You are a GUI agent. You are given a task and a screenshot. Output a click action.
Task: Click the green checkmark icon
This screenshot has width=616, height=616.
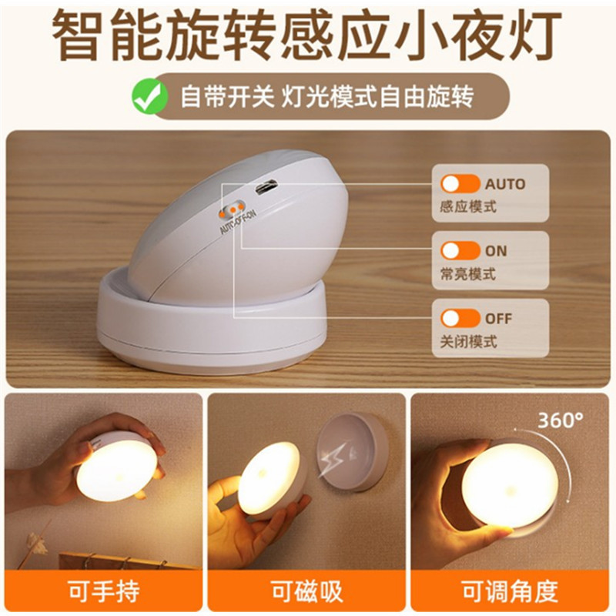click(x=149, y=96)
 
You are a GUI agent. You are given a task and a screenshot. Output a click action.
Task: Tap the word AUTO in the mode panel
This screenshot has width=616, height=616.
click(x=505, y=184)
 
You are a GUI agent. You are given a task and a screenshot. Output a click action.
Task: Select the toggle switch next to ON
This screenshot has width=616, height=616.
click(x=460, y=250)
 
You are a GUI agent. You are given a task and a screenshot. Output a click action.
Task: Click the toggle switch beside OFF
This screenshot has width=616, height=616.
click(x=460, y=318)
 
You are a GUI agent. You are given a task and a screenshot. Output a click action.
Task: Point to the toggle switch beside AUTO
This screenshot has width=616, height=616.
click(x=460, y=183)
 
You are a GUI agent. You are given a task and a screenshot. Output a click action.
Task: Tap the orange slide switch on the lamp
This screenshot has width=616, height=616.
click(x=233, y=209)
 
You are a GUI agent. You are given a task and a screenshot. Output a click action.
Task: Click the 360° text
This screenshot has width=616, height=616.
click(x=561, y=420)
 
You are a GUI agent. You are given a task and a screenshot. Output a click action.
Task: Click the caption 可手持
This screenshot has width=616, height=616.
click(x=104, y=591)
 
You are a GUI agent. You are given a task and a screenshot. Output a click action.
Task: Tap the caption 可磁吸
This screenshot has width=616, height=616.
click(x=306, y=591)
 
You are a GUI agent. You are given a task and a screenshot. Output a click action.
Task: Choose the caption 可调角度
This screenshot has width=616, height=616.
click(x=510, y=591)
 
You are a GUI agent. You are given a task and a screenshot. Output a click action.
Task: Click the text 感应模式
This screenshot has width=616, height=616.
click(x=468, y=206)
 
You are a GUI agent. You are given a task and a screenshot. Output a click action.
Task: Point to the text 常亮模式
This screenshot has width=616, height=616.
click(x=468, y=274)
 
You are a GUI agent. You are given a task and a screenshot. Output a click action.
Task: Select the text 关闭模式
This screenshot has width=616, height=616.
click(x=468, y=341)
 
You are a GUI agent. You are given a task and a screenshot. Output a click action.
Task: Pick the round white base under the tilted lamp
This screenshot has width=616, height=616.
click(x=213, y=322)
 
